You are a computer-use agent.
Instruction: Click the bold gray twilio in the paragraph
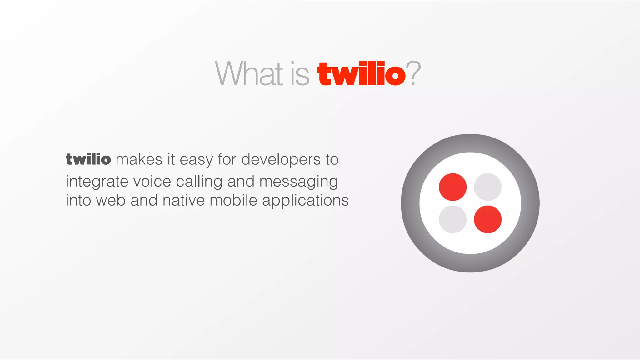point(88,159)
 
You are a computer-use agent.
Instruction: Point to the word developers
point(281,159)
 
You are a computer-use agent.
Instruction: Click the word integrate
point(97,182)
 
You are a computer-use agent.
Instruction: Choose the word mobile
point(233,200)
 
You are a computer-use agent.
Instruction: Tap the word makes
point(139,159)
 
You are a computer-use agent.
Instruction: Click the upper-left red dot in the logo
point(452,187)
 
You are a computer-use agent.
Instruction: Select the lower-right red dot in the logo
point(487,219)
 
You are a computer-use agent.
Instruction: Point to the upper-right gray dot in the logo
point(487,187)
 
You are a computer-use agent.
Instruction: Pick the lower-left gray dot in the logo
point(452,219)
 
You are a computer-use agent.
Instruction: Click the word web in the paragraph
point(111,200)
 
